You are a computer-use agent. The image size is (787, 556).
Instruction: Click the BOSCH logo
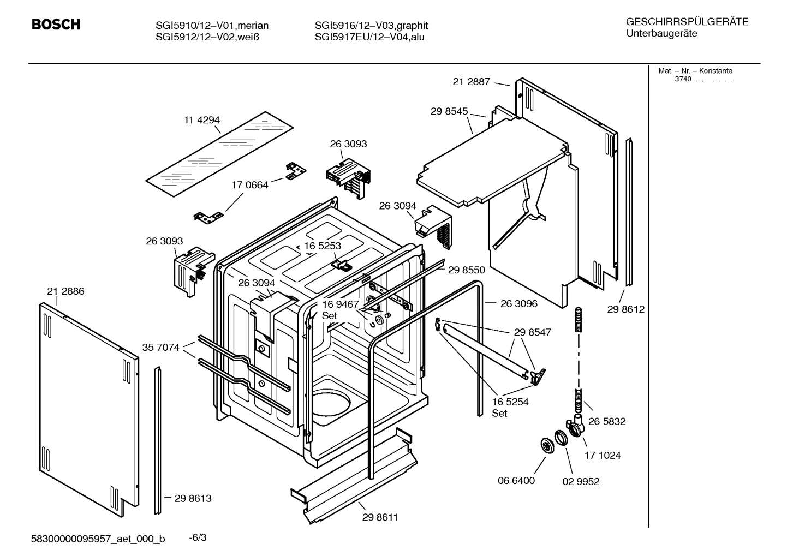56,25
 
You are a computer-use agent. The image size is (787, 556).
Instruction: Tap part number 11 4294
201,120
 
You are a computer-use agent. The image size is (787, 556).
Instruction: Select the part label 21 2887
471,82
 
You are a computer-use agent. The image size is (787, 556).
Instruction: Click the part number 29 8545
449,111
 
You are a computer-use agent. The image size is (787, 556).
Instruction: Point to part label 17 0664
250,185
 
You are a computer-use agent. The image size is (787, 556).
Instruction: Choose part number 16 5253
323,246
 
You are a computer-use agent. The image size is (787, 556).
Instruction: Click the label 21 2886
65,291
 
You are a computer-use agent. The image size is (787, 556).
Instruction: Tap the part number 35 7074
160,347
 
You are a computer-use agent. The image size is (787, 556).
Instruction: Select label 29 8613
193,498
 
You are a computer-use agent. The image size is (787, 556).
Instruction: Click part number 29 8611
380,517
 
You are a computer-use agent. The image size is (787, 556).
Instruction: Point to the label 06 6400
516,481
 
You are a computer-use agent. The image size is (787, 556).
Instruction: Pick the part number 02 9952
581,481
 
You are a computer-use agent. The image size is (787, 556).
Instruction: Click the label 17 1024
603,455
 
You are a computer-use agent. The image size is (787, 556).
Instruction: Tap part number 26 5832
607,421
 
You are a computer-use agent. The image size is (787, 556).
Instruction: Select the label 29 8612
625,309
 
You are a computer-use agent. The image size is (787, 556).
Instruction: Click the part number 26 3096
518,303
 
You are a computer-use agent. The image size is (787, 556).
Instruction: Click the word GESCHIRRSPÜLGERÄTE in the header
687,22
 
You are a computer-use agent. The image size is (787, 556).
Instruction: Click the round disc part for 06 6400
546,445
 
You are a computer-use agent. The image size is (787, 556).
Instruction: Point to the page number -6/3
198,538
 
